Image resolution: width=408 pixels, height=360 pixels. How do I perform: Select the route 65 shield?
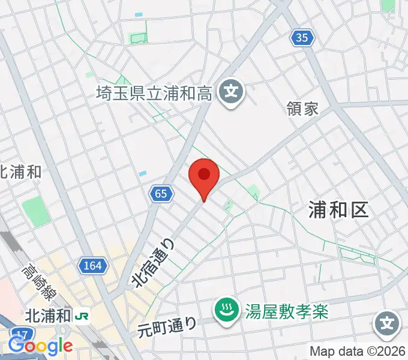pos(160,193)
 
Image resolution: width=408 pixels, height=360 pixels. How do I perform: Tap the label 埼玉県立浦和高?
pos(154,93)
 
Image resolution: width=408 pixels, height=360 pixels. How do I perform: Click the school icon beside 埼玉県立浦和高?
pos(231,93)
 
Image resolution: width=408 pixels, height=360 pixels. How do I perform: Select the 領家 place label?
pos(302,109)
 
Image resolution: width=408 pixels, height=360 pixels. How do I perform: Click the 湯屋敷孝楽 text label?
pos(287,310)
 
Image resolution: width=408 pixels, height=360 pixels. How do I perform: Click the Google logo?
pos(40,346)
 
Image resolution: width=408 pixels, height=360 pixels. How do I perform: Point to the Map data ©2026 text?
pos(358,351)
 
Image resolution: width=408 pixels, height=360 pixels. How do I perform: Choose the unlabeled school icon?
pos(387,325)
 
